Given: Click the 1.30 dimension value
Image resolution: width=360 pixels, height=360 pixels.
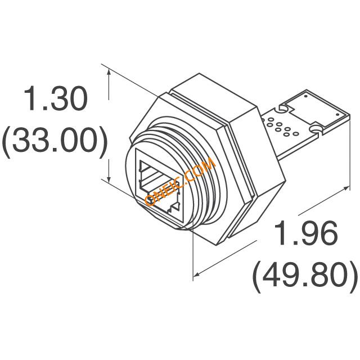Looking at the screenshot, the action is [x=56, y=98].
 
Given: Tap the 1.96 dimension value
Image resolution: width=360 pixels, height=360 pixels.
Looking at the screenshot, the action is [x=306, y=233].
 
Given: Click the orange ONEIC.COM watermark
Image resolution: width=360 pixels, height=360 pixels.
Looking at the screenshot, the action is [x=180, y=181].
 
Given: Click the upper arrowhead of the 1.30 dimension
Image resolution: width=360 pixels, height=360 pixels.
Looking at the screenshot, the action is [x=109, y=74].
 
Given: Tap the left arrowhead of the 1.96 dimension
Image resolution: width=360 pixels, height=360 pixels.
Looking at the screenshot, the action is [x=197, y=274].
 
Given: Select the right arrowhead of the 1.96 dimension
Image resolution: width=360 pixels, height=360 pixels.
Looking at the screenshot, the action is [x=345, y=188].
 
